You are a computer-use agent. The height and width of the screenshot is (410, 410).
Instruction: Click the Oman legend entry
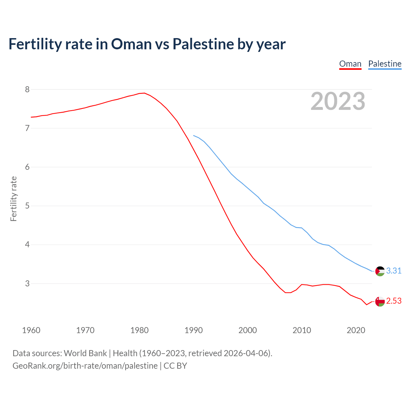tap(350, 64)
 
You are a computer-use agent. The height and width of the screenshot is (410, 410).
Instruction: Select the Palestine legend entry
tap(385, 64)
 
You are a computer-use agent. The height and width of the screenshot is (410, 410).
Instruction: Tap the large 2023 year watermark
tap(338, 101)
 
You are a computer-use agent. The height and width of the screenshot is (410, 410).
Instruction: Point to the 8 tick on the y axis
tap(27, 89)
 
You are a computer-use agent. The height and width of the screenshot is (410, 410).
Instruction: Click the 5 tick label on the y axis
tap(27, 206)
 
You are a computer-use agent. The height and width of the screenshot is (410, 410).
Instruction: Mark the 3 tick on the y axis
tap(27, 283)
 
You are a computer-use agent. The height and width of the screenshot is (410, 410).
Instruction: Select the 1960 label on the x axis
tap(31, 330)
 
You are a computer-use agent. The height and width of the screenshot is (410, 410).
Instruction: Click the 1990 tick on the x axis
tap(193, 330)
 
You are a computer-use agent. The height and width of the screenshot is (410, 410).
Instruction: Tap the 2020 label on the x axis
tap(356, 330)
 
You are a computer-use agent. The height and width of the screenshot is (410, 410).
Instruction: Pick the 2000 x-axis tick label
tap(248, 330)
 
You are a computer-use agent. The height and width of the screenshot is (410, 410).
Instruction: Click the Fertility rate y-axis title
tap(13, 199)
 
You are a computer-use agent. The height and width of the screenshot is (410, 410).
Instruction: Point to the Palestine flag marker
tap(380, 271)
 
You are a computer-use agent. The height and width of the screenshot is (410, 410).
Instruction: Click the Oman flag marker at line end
tap(380, 301)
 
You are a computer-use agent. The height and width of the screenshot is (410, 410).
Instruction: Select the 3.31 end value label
tap(394, 271)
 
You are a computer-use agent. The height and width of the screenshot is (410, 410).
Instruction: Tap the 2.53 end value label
tap(394, 301)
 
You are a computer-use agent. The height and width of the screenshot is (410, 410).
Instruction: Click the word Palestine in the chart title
tap(203, 44)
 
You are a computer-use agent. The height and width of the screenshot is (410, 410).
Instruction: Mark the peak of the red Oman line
tap(144, 93)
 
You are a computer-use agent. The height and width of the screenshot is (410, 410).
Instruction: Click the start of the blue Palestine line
tap(193, 135)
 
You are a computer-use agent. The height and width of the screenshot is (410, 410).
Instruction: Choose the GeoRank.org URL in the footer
tap(85, 366)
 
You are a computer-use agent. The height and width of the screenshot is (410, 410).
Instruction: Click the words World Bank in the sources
tap(85, 353)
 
